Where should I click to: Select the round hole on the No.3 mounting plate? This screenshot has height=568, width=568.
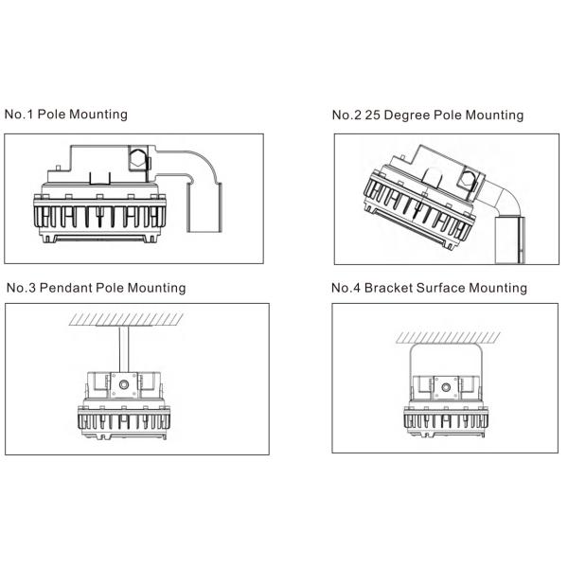coord(123,385)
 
